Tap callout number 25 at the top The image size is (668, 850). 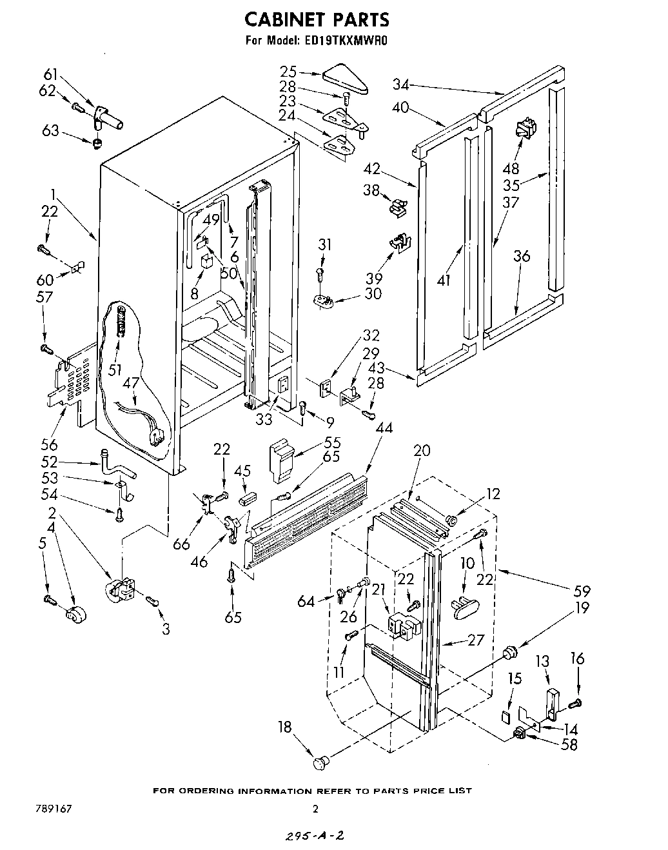pos(288,72)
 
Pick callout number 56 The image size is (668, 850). pos(50,444)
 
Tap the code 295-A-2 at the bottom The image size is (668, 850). pos(312,836)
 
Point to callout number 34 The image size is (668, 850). pos(400,84)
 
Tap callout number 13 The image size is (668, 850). pos(543,660)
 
